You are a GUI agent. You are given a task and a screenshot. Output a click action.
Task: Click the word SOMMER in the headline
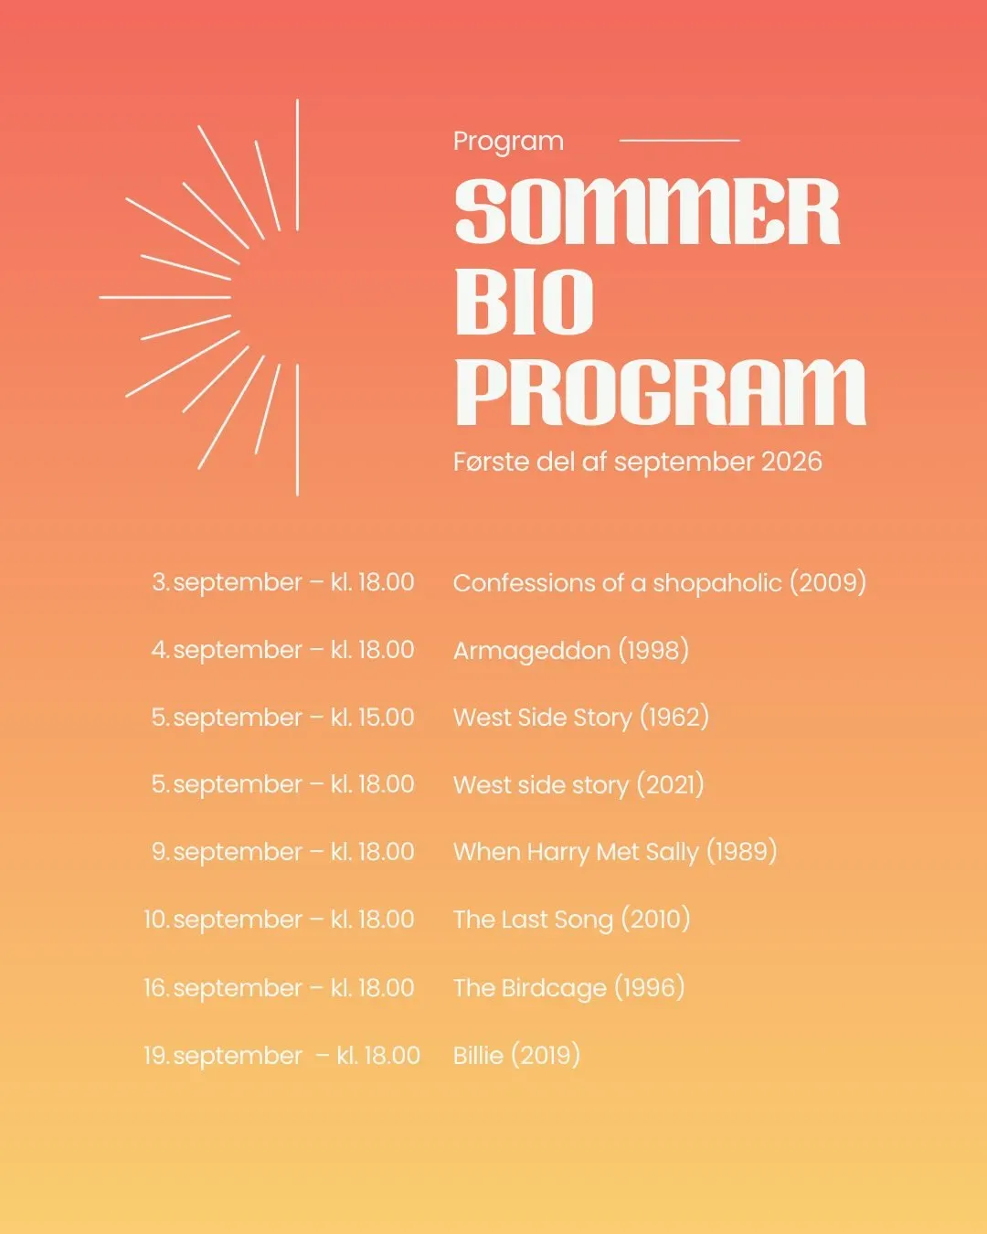click(647, 210)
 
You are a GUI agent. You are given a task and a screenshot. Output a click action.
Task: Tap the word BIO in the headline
click(525, 302)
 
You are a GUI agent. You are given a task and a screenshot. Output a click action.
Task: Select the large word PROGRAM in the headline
click(661, 393)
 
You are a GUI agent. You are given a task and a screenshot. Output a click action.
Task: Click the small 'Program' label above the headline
click(508, 142)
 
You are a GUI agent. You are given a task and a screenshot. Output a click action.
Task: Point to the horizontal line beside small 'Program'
click(680, 140)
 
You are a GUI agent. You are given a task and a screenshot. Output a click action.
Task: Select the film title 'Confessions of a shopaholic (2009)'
click(660, 583)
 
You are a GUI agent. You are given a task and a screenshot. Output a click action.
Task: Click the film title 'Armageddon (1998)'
click(571, 651)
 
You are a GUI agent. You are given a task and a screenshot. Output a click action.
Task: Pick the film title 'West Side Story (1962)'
click(581, 718)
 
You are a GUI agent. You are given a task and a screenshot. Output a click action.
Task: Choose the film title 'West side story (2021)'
click(578, 785)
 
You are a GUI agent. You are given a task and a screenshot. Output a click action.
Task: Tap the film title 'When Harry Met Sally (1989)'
click(615, 852)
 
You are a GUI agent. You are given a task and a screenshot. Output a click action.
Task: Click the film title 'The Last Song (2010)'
click(572, 920)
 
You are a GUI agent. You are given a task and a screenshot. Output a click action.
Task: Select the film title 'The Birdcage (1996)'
click(569, 987)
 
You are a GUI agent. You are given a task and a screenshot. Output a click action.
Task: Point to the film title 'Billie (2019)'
click(516, 1055)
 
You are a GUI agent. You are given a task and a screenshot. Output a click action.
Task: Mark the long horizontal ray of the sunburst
click(165, 298)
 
